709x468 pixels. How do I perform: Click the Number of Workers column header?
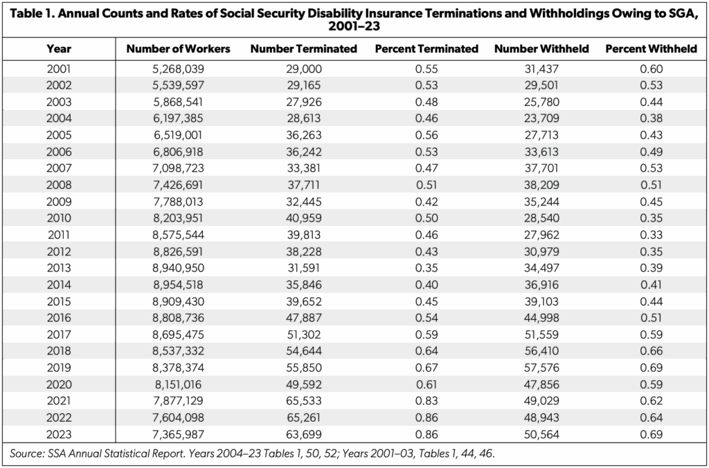[178, 49]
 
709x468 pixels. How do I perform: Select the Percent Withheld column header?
[651, 49]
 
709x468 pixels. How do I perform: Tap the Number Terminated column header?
[304, 49]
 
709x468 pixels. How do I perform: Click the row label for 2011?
[59, 235]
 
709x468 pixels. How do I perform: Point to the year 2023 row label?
[59, 434]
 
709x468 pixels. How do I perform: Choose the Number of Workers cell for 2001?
[178, 69]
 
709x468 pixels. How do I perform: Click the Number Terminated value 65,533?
[304, 401]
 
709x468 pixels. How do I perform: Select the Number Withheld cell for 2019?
[541, 368]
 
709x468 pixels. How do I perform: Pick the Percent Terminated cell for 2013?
[427, 268]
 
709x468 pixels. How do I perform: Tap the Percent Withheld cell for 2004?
[651, 118]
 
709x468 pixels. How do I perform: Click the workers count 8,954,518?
[178, 285]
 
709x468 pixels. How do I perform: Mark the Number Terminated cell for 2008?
[304, 185]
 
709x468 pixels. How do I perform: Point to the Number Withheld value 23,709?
[541, 118]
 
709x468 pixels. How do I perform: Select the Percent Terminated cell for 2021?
[427, 401]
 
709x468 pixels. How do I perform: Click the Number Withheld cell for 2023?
[541, 434]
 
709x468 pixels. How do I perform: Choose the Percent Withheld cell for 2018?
[651, 351]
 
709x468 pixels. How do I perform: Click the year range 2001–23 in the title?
[354, 27]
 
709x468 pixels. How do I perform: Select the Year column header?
[59, 49]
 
